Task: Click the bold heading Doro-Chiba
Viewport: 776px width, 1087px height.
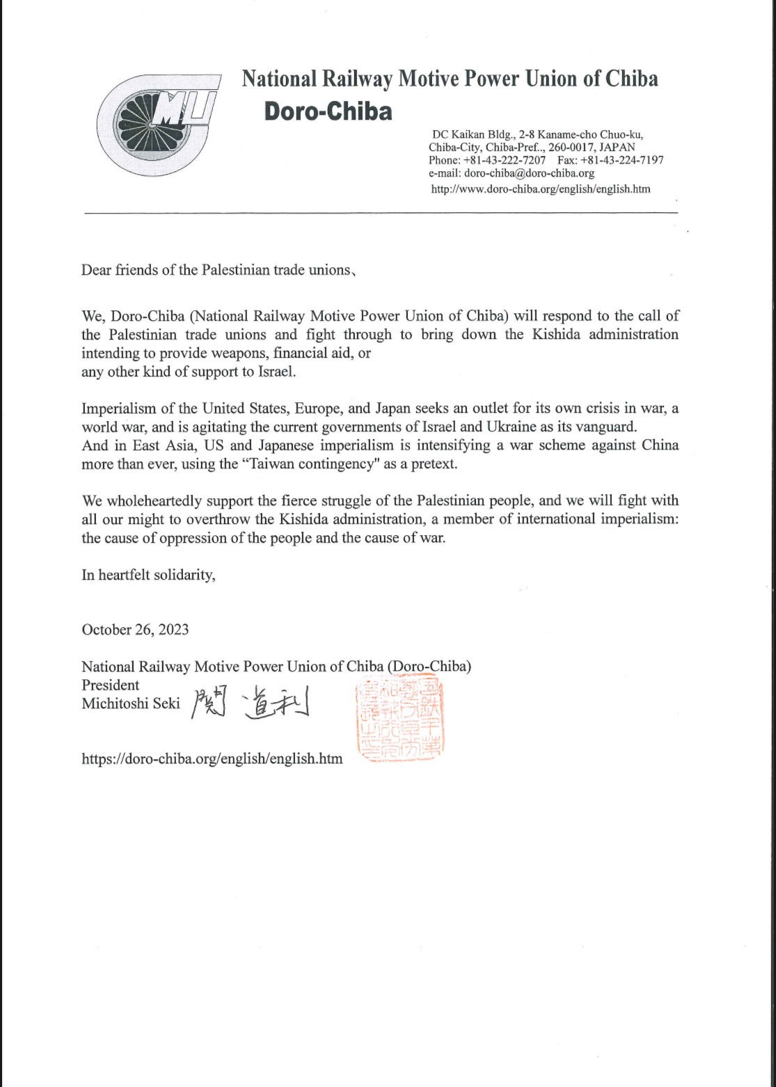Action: (x=328, y=111)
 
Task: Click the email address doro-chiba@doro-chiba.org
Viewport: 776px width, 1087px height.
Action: (x=514, y=173)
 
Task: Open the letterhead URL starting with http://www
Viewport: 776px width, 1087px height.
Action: (x=541, y=189)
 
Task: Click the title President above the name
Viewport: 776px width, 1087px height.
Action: (x=111, y=685)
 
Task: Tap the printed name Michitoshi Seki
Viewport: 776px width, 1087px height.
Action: (x=131, y=704)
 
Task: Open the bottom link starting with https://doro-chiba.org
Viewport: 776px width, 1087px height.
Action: (x=212, y=759)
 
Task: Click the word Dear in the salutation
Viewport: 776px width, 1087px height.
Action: (x=96, y=270)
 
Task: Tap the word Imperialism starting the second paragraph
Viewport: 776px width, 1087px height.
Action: (x=117, y=408)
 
